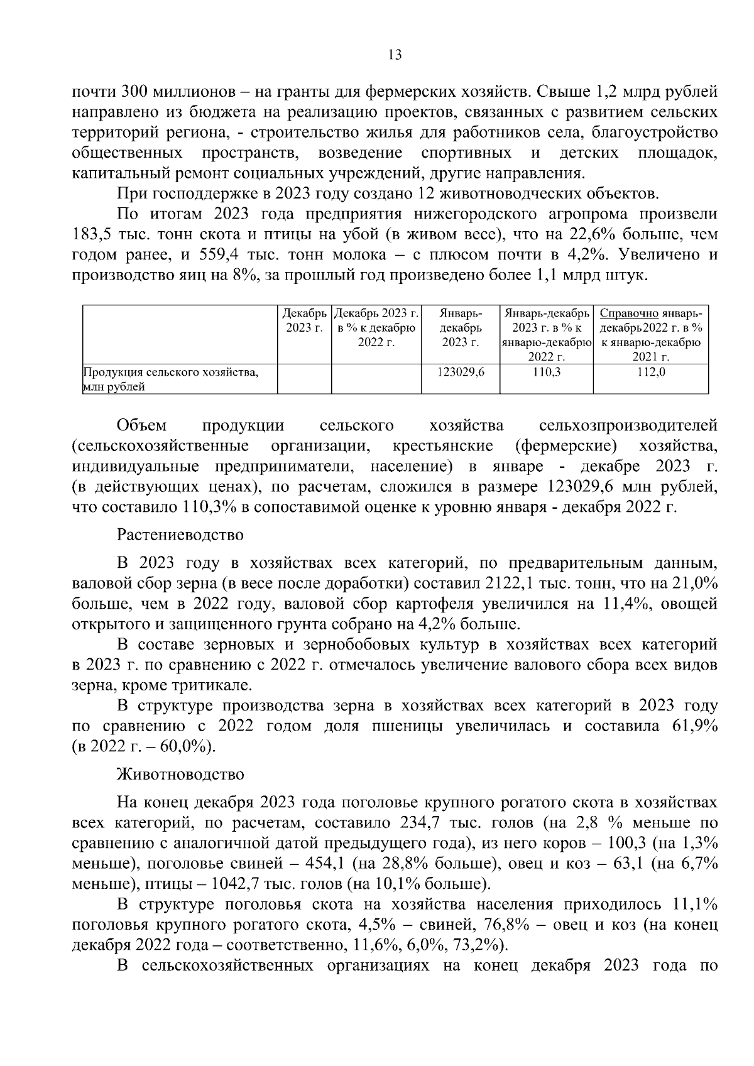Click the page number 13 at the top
pyautogui.click(x=395, y=55)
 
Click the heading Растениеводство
pyautogui.click(x=180, y=536)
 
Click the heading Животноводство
pyautogui.click(x=180, y=775)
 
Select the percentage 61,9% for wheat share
pyautogui.click(x=695, y=726)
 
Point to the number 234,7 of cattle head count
pyautogui.click(x=419, y=823)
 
